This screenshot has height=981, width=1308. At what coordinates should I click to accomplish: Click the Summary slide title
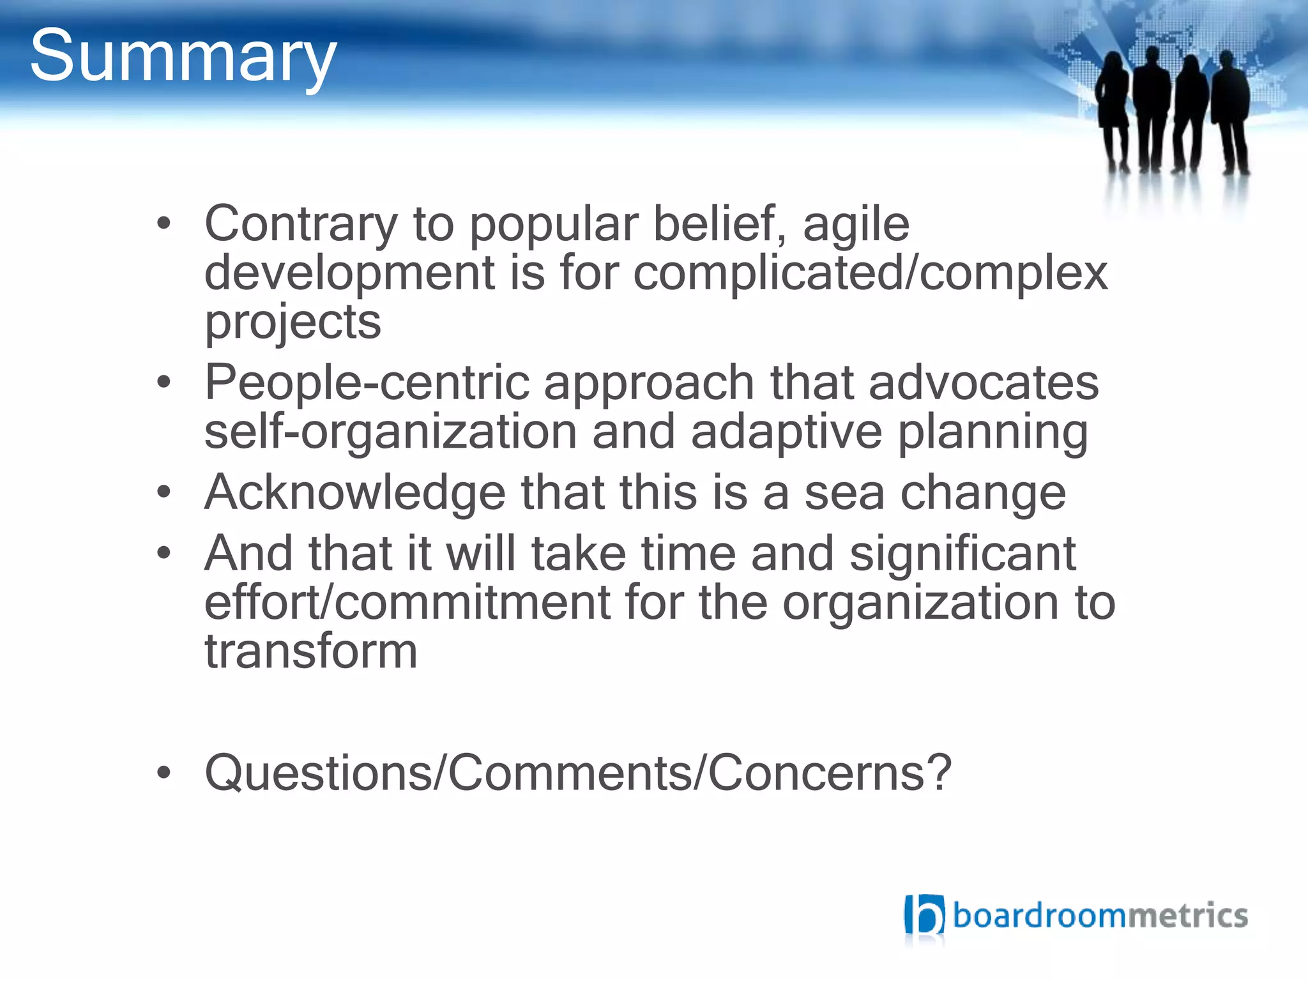pos(183,57)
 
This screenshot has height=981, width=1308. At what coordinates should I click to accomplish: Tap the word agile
pos(856,224)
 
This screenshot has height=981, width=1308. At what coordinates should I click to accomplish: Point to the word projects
pos(293,323)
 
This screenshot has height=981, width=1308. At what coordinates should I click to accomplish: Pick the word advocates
pos(984,383)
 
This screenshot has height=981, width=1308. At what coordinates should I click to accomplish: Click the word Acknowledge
pos(355,492)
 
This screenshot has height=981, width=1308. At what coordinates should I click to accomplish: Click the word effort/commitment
pos(407,602)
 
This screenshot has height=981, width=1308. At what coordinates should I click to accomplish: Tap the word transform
pos(311,651)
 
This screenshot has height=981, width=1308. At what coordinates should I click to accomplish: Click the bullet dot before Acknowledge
pos(164,492)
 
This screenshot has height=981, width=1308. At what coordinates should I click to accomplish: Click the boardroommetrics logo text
pos(1100,916)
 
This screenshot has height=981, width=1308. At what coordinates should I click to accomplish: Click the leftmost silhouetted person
pos(1113,109)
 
